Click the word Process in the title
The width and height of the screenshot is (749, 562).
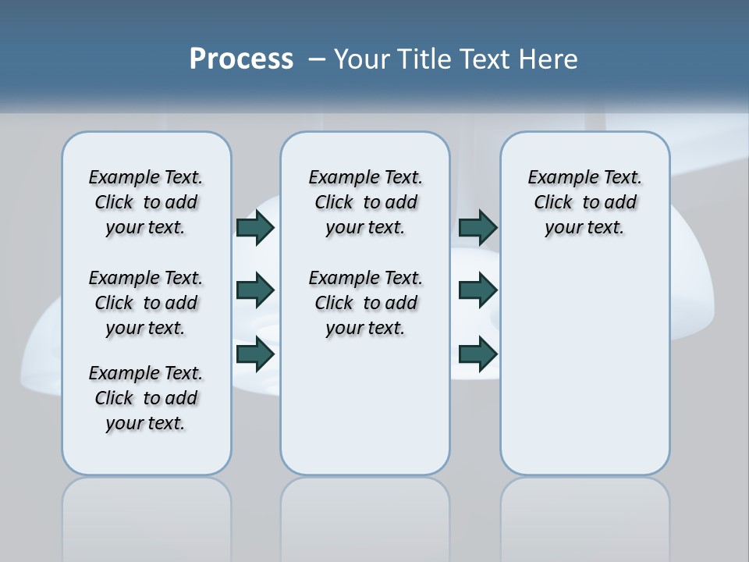[x=241, y=59]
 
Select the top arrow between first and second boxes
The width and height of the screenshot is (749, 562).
[x=255, y=227]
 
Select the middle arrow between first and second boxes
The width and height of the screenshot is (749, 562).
[x=255, y=290]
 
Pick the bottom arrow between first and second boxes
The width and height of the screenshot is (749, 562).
[x=255, y=354]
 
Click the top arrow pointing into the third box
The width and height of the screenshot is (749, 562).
[x=477, y=227]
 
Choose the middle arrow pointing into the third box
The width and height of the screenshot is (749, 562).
[x=477, y=290]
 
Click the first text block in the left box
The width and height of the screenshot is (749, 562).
[x=146, y=202]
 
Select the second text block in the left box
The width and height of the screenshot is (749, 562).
[x=146, y=303]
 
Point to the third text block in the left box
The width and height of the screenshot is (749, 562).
[x=146, y=398]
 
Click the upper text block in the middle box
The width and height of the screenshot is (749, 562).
[x=365, y=202]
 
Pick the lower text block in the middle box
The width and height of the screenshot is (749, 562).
[x=365, y=303]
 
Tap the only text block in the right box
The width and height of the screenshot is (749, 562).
[x=584, y=202]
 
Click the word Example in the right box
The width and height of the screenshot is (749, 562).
[x=558, y=178]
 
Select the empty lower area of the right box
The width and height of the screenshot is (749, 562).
[x=584, y=367]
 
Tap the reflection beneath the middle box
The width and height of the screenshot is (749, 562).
[x=365, y=507]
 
